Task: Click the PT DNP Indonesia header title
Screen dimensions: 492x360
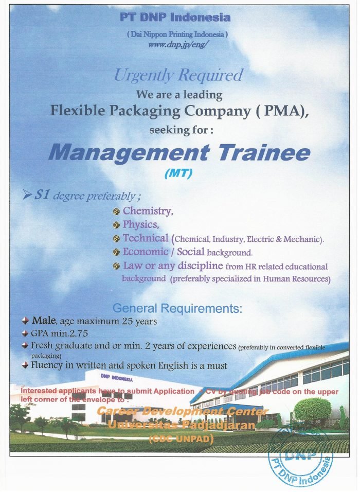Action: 175,17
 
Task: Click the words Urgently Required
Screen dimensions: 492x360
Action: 178,76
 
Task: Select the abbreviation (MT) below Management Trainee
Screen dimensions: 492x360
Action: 178,174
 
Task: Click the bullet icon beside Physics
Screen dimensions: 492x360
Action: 117,225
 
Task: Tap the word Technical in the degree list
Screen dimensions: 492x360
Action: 145,238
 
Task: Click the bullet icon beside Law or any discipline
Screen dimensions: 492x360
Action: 117,266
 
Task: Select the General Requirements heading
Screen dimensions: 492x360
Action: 177,309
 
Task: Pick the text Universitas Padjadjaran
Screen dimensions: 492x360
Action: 181,426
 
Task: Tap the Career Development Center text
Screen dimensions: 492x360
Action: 182,412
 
